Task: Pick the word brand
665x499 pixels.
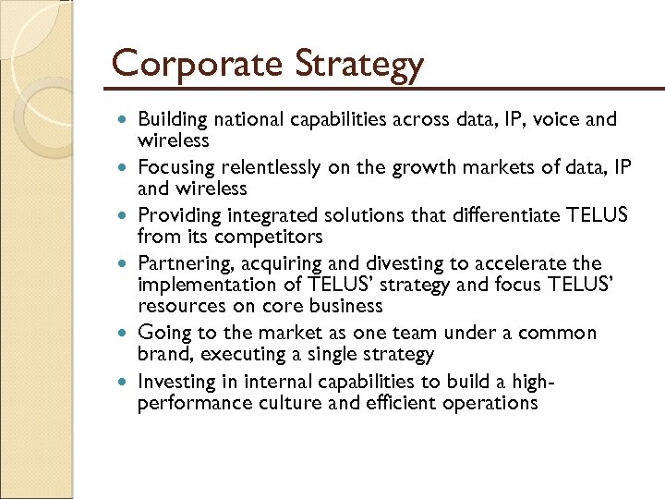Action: [160, 354]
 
